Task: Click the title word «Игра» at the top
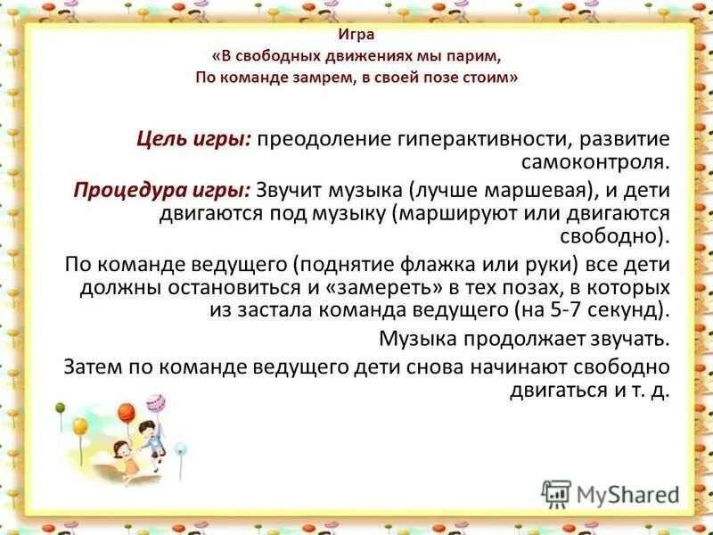pyautogui.click(x=356, y=35)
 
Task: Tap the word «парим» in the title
pyautogui.click(x=479, y=56)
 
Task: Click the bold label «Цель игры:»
pyautogui.click(x=195, y=140)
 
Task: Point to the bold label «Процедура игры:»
pyautogui.click(x=163, y=191)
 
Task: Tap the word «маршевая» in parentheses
pyautogui.click(x=544, y=191)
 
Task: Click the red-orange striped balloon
pyautogui.click(x=125, y=412)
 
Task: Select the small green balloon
pyautogui.click(x=61, y=408)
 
